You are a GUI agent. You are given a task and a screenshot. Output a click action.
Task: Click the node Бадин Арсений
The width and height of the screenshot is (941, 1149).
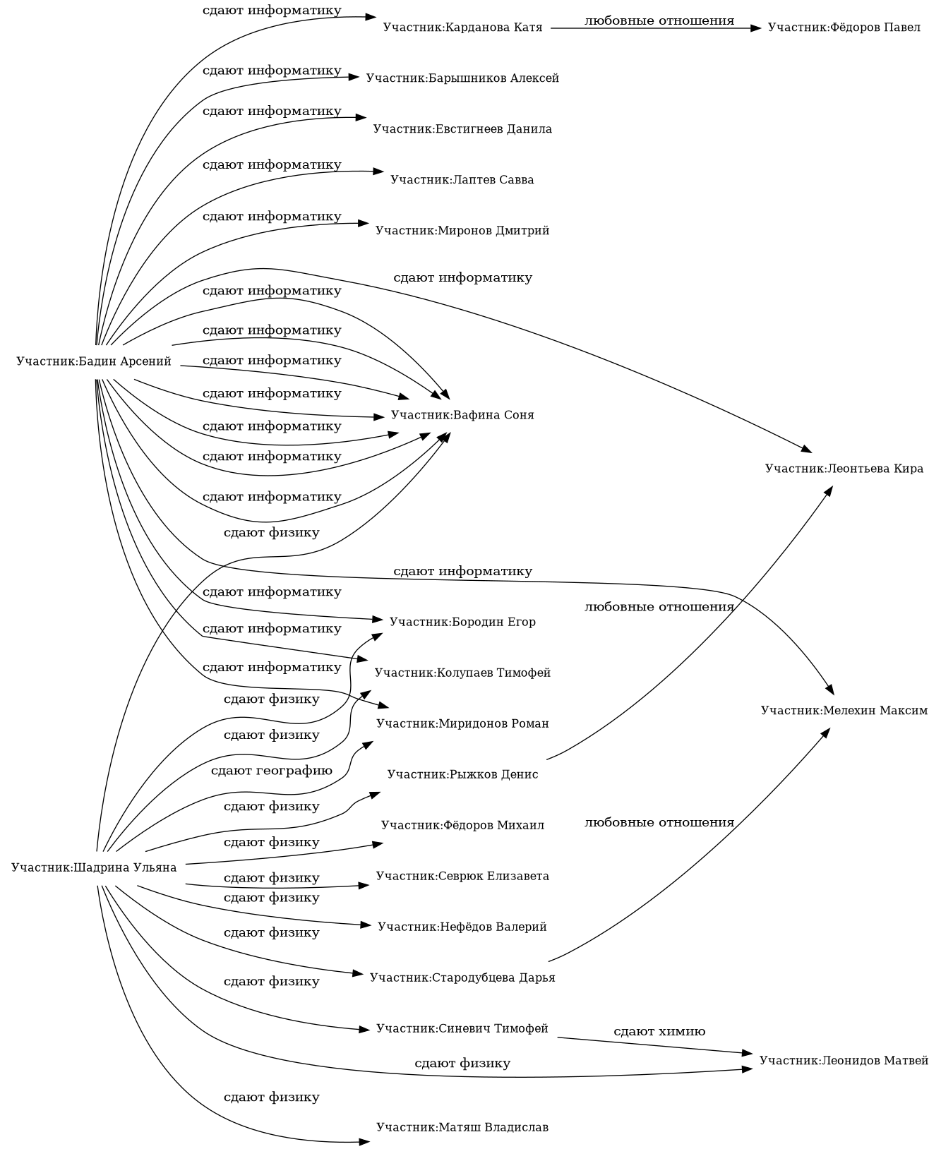[x=94, y=362]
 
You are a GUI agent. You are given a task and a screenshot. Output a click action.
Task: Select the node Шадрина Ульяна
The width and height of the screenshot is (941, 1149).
[x=94, y=867]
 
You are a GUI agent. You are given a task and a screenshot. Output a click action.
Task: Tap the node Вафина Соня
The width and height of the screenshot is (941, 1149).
[x=462, y=415]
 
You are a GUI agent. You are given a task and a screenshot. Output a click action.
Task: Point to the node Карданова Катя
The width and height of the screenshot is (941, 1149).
[x=462, y=28]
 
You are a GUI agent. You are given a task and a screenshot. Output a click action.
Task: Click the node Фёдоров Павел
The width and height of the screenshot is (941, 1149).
[x=844, y=28]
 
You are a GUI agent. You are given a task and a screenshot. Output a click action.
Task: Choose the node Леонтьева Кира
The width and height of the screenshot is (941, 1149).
[x=844, y=469]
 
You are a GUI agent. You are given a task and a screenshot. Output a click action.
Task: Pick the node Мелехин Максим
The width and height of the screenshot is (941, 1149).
[x=844, y=710]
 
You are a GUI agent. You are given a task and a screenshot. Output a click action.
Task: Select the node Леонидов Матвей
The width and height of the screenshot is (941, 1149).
[x=844, y=1060]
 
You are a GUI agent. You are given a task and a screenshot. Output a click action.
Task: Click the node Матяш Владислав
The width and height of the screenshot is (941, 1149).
[x=462, y=1127]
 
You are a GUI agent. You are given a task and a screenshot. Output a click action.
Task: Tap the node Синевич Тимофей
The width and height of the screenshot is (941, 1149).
[x=462, y=1028]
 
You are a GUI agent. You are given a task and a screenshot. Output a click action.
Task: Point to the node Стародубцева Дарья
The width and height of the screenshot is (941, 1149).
[x=462, y=977]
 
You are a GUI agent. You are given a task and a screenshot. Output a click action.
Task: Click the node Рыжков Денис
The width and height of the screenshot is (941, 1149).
[x=462, y=774]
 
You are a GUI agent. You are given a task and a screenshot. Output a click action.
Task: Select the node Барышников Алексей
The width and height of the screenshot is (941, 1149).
[x=462, y=78]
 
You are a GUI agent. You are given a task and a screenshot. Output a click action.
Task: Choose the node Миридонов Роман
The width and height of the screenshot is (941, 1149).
[x=462, y=723]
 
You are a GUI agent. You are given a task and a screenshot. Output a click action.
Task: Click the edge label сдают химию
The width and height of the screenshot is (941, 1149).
[x=659, y=1032]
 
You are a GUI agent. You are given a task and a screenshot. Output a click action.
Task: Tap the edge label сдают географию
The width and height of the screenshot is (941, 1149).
[x=272, y=771]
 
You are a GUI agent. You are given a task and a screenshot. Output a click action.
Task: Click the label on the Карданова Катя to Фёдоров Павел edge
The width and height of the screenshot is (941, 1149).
[x=659, y=20]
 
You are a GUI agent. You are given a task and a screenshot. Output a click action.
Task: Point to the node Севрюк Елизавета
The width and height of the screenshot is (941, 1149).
[x=462, y=876]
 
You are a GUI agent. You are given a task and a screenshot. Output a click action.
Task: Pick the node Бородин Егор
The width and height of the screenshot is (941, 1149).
[x=462, y=622]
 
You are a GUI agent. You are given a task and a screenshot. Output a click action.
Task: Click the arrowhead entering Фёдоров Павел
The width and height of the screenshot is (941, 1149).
[x=756, y=28]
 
